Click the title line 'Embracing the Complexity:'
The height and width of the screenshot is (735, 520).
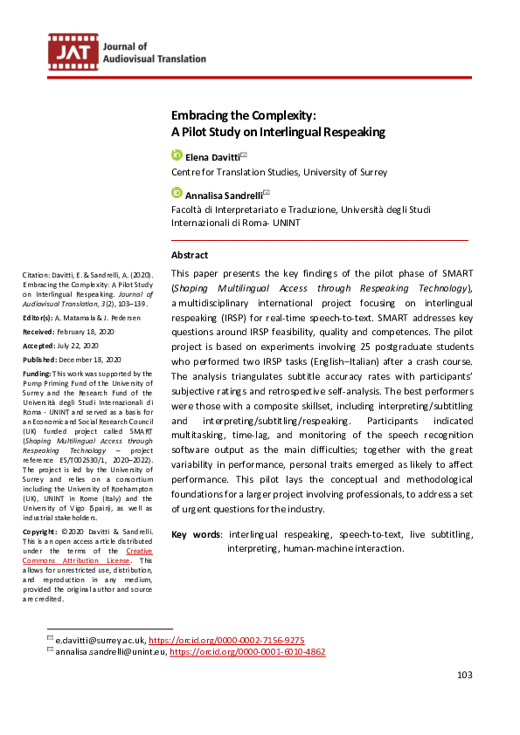pos(243,115)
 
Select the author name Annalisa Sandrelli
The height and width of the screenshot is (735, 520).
pos(223,195)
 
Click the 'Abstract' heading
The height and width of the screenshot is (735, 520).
pos(190,255)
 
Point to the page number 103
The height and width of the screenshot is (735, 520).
pos(465,675)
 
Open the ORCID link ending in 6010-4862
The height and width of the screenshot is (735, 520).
pos(247,651)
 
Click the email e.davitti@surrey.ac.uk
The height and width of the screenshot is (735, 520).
pos(101,640)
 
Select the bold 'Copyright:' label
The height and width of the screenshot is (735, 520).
pos(41,531)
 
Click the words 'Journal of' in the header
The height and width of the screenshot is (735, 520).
pos(125,45)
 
